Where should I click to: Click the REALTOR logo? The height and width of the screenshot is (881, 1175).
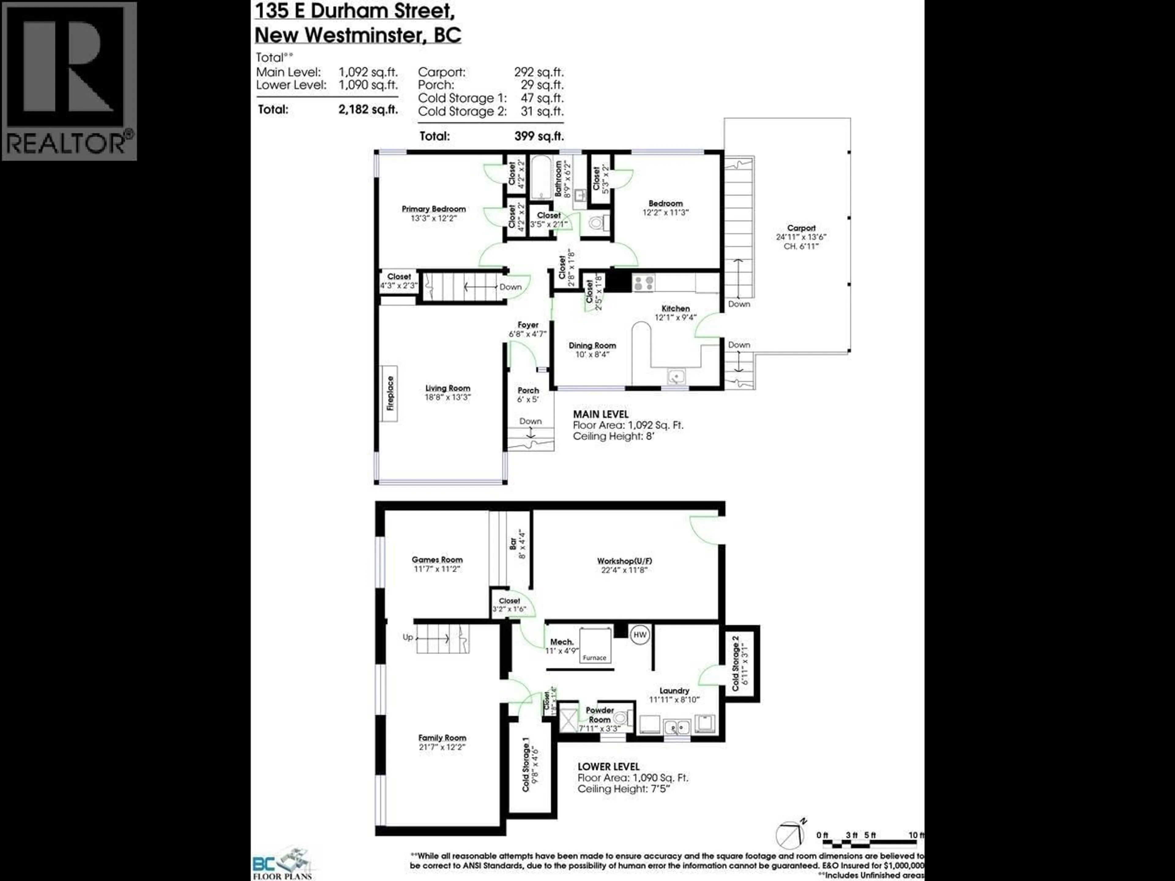coord(69,81)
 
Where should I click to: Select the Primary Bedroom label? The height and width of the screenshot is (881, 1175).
coord(434,209)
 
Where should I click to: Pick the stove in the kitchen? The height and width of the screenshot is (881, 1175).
coord(643,283)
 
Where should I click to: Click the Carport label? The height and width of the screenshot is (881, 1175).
coord(801,228)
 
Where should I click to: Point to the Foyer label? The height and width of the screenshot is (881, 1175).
coord(528,325)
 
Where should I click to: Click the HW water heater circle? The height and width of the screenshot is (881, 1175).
coord(640,635)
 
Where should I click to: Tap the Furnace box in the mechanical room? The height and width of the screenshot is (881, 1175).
coord(595,645)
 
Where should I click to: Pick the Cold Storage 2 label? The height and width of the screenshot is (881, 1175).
coord(736,667)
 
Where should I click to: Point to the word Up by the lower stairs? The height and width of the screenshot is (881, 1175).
coord(408,637)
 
